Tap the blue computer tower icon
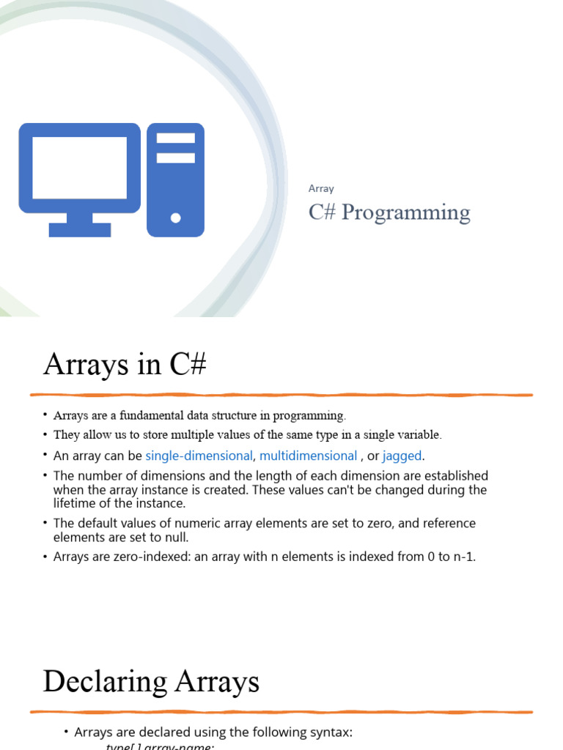click(x=175, y=179)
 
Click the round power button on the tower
click(x=175, y=218)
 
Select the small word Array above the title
click(x=321, y=188)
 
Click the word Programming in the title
click(x=406, y=212)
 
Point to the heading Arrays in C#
click(x=125, y=364)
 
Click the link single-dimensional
click(x=199, y=456)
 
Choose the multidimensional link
click(x=308, y=456)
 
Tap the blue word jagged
click(x=402, y=456)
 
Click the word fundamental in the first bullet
click(x=175, y=415)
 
